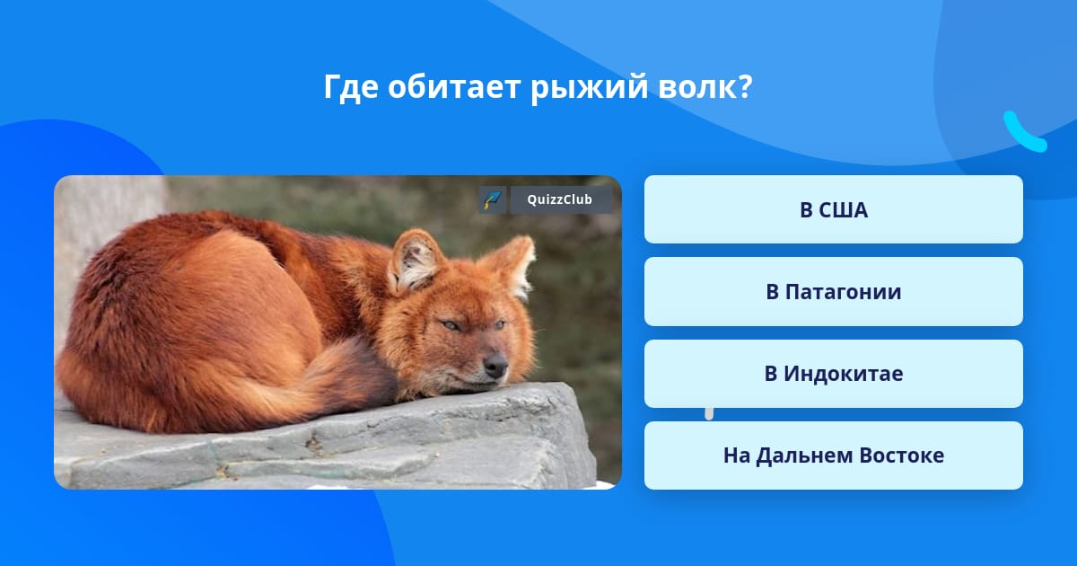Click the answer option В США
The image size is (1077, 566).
(x=833, y=209)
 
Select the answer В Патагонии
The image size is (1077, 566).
(x=833, y=292)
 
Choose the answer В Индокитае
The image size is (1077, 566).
(x=833, y=374)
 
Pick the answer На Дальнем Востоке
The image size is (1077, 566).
(x=833, y=455)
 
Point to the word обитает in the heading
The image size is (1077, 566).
(x=454, y=86)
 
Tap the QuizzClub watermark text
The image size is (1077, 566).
(x=559, y=199)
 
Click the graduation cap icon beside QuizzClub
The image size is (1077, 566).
(x=493, y=199)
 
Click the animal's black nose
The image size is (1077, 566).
(x=495, y=366)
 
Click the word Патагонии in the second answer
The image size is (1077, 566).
(x=844, y=292)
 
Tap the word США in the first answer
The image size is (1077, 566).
(x=844, y=210)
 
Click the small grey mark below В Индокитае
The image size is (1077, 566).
(x=709, y=414)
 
